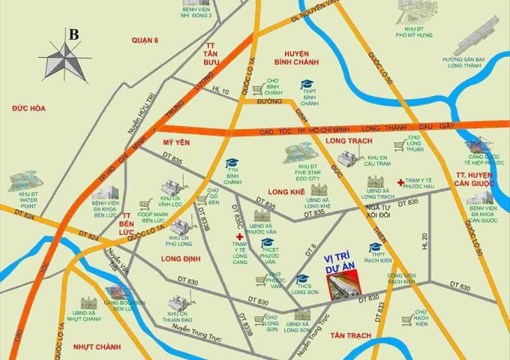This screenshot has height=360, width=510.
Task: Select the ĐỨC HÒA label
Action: tap(28, 109)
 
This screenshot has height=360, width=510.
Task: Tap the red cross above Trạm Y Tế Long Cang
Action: tap(239, 238)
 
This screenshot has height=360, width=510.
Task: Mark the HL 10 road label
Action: tap(220, 90)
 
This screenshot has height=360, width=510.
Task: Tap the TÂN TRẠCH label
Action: tap(346, 334)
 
